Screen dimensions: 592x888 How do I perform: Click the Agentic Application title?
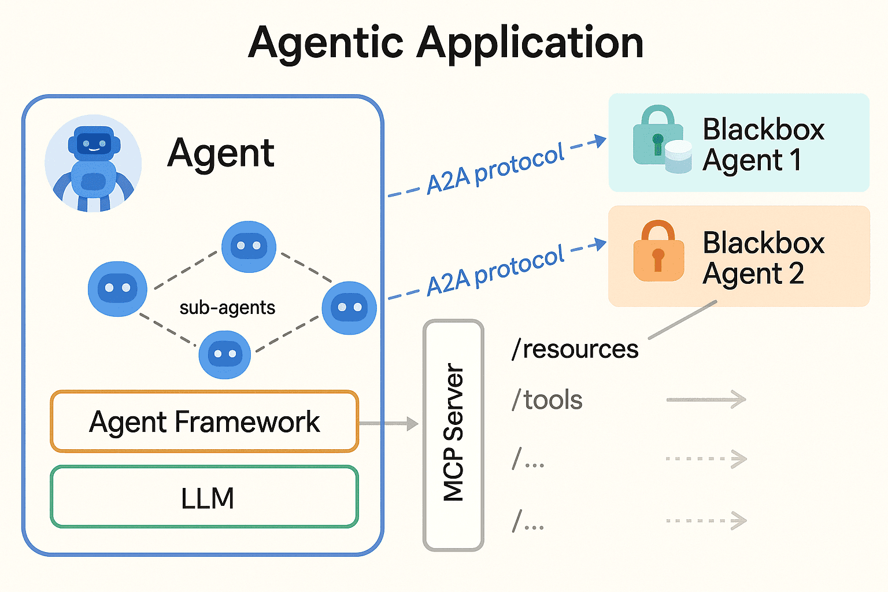[445, 43]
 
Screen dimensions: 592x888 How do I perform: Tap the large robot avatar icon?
[93, 163]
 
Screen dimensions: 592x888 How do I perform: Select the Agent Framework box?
[204, 421]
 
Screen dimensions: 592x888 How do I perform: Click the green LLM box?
[204, 498]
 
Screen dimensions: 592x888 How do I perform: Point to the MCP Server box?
[453, 435]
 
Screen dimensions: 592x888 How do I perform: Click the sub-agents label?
[227, 308]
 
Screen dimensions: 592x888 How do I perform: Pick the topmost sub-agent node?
[249, 246]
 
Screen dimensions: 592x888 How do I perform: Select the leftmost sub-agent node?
[117, 288]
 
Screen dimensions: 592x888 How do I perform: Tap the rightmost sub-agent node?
[349, 308]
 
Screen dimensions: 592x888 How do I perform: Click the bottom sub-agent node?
[224, 354]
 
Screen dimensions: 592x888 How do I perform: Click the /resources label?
[575, 349]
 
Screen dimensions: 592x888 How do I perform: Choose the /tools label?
[547, 400]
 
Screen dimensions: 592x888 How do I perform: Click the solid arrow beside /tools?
[706, 399]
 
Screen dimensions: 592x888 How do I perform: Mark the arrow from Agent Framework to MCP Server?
[388, 424]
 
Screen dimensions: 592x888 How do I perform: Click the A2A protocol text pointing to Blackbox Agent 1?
[495, 169]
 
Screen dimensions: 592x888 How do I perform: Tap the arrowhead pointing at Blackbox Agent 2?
[600, 245]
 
